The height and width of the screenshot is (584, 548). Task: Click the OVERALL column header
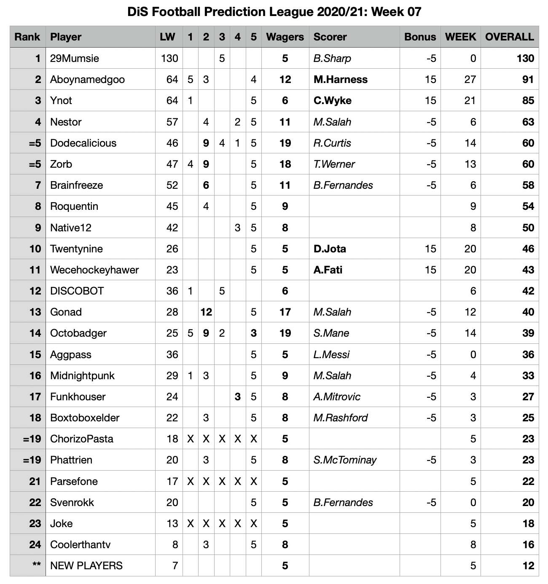tap(509, 37)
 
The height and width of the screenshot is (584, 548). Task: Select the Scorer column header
tap(330, 37)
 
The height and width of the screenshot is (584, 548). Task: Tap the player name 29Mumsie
tap(74, 58)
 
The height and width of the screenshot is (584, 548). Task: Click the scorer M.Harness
tap(340, 79)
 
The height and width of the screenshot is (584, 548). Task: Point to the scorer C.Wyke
tap(332, 100)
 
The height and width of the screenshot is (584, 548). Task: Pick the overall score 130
tap(525, 58)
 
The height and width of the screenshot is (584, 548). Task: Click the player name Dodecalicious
tap(83, 143)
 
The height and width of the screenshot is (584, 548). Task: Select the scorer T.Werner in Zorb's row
tap(334, 164)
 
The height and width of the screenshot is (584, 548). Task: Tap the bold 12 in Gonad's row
tap(206, 312)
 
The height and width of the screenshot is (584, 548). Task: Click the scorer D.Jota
tap(329, 249)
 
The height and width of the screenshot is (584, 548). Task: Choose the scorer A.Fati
tap(328, 270)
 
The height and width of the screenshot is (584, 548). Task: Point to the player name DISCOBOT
tap(77, 291)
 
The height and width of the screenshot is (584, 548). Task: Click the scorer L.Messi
tap(331, 354)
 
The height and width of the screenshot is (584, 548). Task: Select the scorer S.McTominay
tap(345, 460)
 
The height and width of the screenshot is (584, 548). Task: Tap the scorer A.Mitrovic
tap(337, 396)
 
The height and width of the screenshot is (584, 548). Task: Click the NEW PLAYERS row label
tap(86, 565)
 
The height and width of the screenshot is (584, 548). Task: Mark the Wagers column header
tap(285, 37)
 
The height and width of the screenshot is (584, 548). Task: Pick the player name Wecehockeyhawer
tap(94, 270)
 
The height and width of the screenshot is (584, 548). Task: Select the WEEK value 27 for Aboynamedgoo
tap(470, 79)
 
